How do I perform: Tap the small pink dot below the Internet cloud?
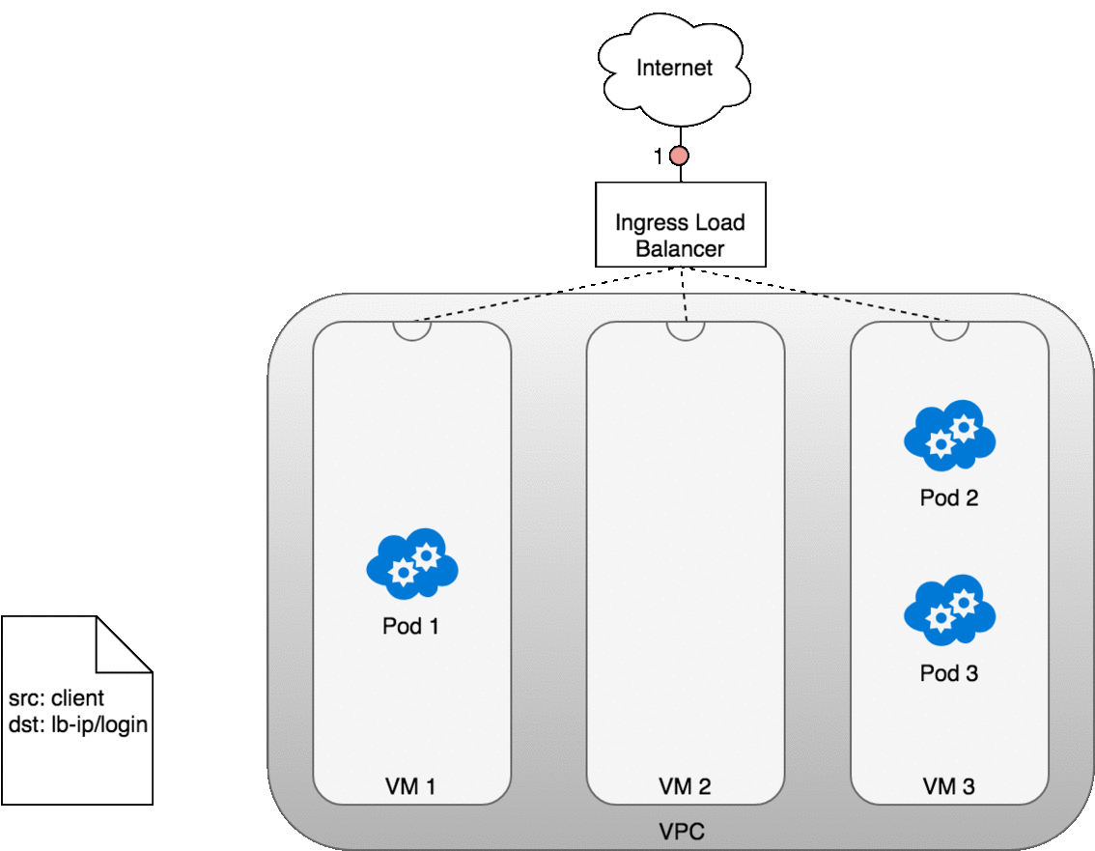click(679, 156)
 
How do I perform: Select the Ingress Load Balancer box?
click(680, 224)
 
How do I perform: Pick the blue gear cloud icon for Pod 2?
click(949, 434)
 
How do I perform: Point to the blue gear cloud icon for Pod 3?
click(949, 611)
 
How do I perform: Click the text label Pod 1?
click(410, 626)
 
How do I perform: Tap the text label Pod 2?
click(949, 497)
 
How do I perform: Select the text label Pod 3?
click(949, 673)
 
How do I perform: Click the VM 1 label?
click(410, 786)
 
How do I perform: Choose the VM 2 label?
click(685, 786)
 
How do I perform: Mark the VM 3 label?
click(948, 786)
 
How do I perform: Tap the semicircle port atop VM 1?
click(412, 328)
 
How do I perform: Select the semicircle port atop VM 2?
click(686, 328)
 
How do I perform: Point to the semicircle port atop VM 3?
click(949, 328)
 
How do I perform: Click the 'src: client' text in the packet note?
click(56, 697)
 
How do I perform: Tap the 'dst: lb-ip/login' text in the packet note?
click(78, 723)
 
